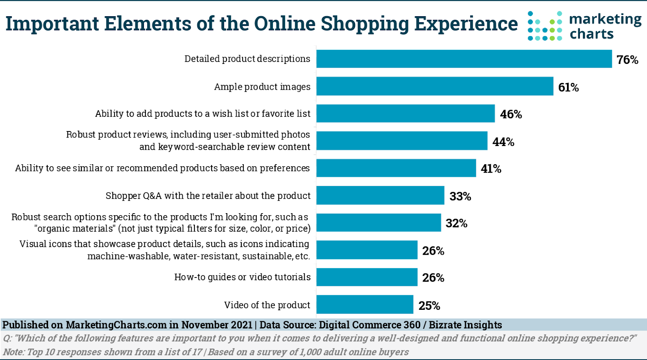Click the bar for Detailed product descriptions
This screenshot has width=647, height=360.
pyautogui.click(x=464, y=59)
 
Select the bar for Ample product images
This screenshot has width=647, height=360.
pyautogui.click(x=435, y=86)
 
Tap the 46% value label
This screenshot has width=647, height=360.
pyautogui.click(x=511, y=114)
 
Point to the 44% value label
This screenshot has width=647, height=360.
pyautogui.click(x=503, y=142)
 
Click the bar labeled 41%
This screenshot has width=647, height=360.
pyautogui.click(x=396, y=168)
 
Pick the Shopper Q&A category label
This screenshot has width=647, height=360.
pyautogui.click(x=208, y=196)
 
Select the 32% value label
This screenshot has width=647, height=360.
pyautogui.click(x=456, y=223)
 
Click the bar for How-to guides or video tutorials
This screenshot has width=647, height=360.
pyautogui.click(x=367, y=277)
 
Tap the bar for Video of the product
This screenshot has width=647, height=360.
pyautogui.click(x=365, y=305)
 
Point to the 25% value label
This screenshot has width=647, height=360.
pyautogui.click(x=429, y=306)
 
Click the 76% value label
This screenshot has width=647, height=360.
pyautogui.click(x=627, y=60)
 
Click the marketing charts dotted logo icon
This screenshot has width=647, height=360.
pyautogui.click(x=545, y=26)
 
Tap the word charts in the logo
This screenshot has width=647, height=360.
pyautogui.click(x=592, y=34)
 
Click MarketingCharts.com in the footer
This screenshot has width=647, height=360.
pyautogui.click(x=116, y=325)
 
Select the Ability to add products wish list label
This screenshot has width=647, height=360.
pyautogui.click(x=203, y=114)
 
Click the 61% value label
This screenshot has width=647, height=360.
pyautogui.click(x=568, y=87)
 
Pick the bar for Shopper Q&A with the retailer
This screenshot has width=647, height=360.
pyautogui.click(x=380, y=195)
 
